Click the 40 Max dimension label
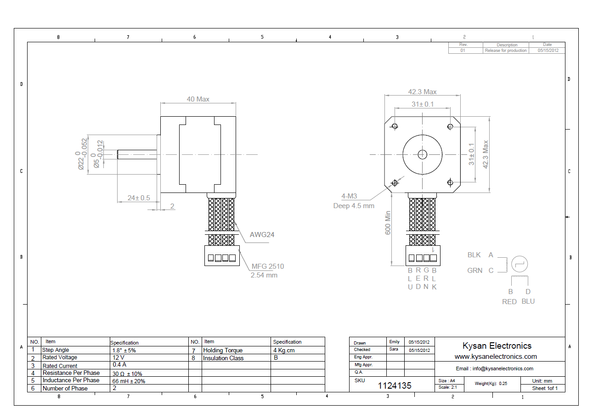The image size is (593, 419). pos(198,99)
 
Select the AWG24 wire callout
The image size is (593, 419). pos(262,235)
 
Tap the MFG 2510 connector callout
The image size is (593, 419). pos(267,266)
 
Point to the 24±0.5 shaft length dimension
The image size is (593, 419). pos(139,198)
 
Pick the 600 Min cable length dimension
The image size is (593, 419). pos(388,223)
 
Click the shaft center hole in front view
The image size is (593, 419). pos(422,154)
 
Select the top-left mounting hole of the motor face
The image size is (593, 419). pos(395,126)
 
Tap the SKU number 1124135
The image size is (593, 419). pos(395,386)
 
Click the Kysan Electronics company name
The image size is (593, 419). pos(497,346)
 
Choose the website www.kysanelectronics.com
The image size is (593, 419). pos(495,357)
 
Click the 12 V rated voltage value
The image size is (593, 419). pos(118,357)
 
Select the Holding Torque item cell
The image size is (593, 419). pos(223,351)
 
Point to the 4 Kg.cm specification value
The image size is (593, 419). pos(284,351)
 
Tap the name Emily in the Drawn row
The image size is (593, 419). pos(394,342)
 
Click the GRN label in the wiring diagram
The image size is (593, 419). pos(474,271)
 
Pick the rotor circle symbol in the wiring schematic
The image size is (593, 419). pos(520,264)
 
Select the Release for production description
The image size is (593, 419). pos(506,51)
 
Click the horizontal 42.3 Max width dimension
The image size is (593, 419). pos(422,92)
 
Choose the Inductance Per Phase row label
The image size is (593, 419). pos(71,380)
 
